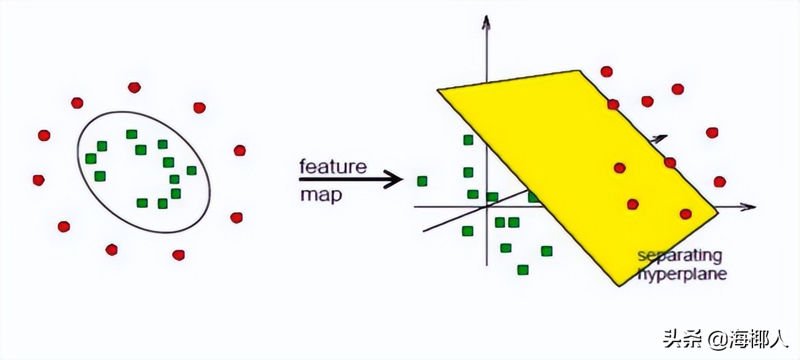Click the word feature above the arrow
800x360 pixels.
click(x=333, y=166)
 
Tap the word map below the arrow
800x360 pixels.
click(x=321, y=195)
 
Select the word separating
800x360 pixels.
click(x=679, y=257)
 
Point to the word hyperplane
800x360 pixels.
click(x=682, y=275)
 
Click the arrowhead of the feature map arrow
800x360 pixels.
click(x=394, y=179)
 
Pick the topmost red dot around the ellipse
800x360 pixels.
click(x=134, y=87)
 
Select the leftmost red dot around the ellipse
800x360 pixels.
click(x=38, y=180)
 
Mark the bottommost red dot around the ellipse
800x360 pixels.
click(x=179, y=255)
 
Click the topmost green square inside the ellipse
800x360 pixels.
click(x=132, y=134)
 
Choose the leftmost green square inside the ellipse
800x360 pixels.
click(x=91, y=158)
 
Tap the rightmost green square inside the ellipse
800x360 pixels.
click(x=192, y=171)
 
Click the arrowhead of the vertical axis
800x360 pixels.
click(x=486, y=22)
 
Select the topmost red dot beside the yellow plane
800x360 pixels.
click(x=606, y=72)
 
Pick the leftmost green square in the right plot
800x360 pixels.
click(x=422, y=181)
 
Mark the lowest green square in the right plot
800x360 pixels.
click(x=523, y=270)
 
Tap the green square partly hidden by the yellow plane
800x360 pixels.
click(x=532, y=197)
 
